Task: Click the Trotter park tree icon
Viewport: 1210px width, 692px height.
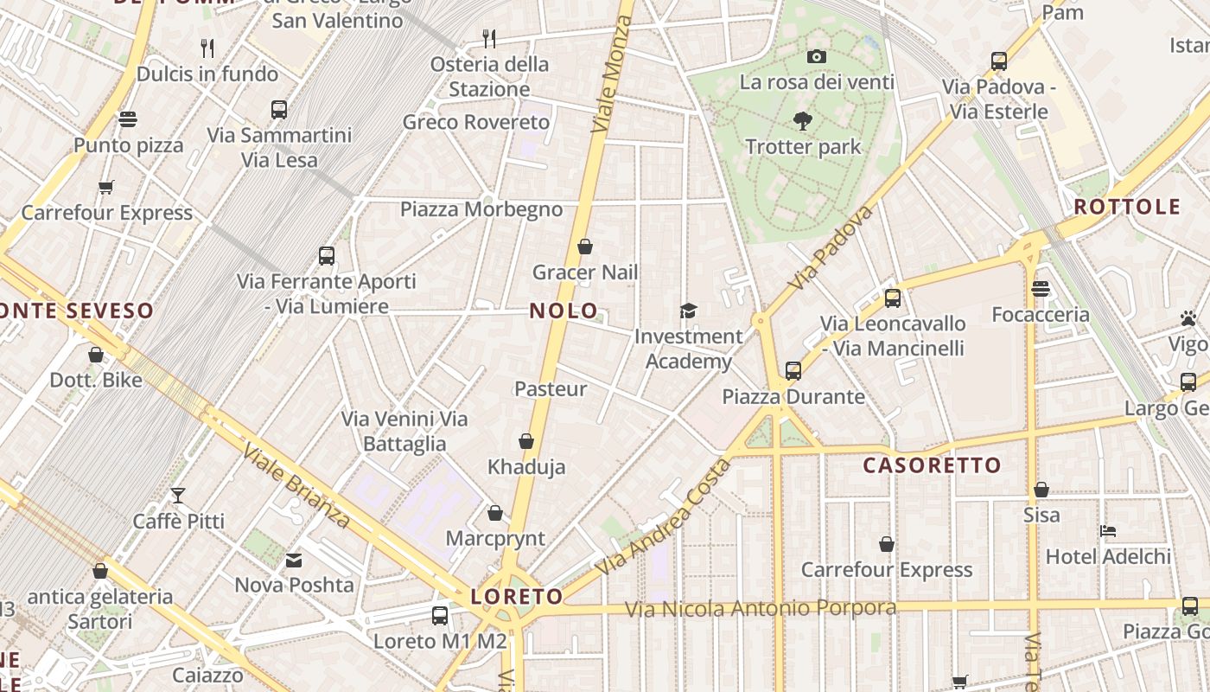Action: point(803,121)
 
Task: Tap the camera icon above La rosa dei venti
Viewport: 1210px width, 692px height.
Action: point(816,57)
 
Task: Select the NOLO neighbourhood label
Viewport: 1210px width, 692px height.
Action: point(564,311)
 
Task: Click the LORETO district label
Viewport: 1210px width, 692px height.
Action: point(517,596)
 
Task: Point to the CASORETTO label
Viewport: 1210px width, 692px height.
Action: point(932,465)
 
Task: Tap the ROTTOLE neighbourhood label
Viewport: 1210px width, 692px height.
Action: point(1127,207)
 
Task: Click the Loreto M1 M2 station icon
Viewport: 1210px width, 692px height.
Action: point(440,616)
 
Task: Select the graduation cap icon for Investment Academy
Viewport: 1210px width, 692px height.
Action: point(688,311)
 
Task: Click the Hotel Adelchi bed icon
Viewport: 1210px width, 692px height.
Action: point(1108,530)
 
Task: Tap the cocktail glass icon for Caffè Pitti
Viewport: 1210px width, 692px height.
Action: point(178,496)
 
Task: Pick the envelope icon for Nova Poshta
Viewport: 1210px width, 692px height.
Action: point(294,560)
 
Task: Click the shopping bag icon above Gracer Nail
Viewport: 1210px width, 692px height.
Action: point(585,247)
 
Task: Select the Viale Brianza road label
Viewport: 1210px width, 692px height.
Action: point(296,485)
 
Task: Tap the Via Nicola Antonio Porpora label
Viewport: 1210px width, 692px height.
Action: point(761,609)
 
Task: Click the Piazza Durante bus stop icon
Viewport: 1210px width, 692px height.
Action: point(793,371)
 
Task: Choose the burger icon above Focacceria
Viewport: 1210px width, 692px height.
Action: point(1041,289)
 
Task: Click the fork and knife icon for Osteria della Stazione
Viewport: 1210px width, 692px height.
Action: point(489,38)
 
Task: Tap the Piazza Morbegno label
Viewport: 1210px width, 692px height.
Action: point(481,209)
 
